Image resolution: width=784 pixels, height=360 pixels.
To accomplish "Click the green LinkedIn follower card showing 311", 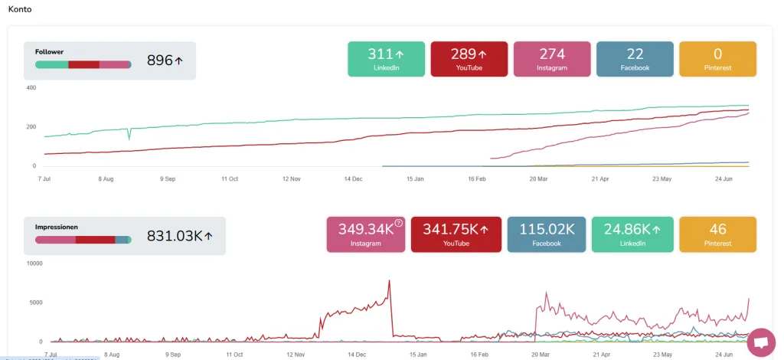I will [x=386, y=59].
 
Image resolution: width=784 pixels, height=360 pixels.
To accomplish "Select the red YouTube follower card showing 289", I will [x=469, y=59].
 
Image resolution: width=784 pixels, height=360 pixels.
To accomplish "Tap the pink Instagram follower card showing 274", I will [x=551, y=59].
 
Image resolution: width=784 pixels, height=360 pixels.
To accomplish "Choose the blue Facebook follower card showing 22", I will [x=635, y=59].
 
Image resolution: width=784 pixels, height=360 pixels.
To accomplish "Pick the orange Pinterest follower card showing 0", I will [x=717, y=59].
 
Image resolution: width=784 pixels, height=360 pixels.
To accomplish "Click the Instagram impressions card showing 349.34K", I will [x=365, y=234].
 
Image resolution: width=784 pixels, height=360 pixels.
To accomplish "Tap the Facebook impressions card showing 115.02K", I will [x=547, y=234].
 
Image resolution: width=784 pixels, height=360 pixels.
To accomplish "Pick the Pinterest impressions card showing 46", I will [x=717, y=234].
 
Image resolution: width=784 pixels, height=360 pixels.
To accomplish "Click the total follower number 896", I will [x=160, y=61].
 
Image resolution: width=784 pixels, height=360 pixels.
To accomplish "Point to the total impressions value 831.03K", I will [x=175, y=237].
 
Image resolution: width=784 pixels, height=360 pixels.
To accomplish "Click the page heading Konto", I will [x=20, y=10].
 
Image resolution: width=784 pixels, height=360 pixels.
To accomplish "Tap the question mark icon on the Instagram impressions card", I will [x=398, y=224].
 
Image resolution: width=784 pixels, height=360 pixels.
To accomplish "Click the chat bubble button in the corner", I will [x=761, y=343].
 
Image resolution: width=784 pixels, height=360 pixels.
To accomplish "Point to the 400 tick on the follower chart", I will [x=31, y=88].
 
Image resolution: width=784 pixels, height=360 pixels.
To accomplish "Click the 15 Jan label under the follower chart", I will [x=414, y=178].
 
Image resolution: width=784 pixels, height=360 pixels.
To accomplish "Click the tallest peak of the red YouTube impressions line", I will [x=389, y=280].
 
